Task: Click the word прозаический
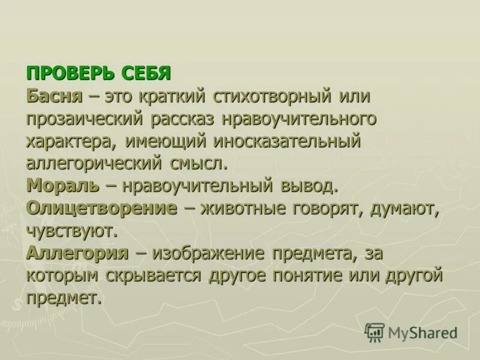tap(84, 118)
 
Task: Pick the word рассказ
tap(187, 118)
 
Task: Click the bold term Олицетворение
tap(102, 208)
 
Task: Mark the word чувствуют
tap(71, 230)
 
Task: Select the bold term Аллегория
tap(77, 253)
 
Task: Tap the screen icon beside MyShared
tap(374, 332)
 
